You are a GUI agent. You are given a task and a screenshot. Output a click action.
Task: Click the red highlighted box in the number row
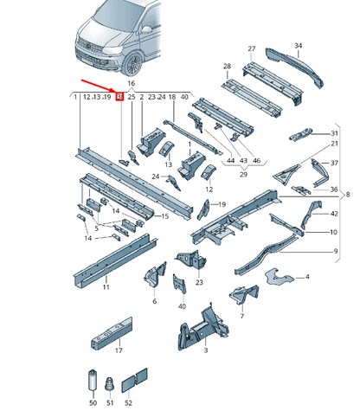(x=119, y=97)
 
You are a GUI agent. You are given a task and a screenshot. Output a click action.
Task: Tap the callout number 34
(x=299, y=46)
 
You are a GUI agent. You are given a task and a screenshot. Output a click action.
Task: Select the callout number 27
(x=252, y=48)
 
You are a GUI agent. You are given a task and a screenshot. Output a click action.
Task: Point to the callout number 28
(x=227, y=66)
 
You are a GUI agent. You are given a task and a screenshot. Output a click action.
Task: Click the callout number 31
(x=334, y=133)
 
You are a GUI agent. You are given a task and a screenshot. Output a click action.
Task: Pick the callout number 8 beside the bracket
(x=348, y=195)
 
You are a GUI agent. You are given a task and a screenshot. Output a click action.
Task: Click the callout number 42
(x=334, y=214)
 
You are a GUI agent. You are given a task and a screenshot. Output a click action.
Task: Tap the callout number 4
(x=307, y=277)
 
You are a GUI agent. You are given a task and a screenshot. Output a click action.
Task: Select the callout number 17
(x=119, y=350)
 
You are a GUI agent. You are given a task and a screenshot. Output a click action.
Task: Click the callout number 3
(x=206, y=350)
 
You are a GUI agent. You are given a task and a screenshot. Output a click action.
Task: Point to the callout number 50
(x=93, y=402)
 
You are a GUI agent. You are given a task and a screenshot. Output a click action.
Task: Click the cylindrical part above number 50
(x=93, y=380)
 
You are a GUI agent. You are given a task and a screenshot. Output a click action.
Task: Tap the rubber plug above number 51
(x=110, y=384)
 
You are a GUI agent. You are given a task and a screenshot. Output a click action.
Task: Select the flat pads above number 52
(x=134, y=380)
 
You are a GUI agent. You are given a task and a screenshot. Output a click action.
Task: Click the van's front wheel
(x=132, y=64)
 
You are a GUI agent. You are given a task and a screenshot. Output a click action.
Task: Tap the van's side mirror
(x=146, y=29)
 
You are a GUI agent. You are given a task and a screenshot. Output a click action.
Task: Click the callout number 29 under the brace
(x=243, y=175)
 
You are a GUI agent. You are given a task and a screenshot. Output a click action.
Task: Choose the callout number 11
(x=106, y=287)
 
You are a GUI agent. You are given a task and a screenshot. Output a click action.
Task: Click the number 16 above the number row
(x=131, y=83)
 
